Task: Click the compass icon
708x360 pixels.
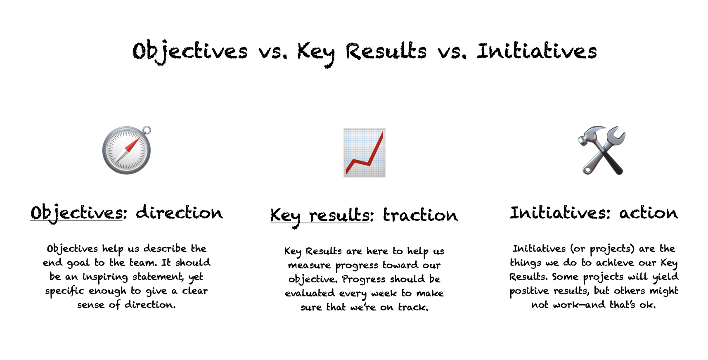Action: click(x=127, y=150)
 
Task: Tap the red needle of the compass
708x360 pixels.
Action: click(x=132, y=145)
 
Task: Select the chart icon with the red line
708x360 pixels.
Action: click(x=365, y=153)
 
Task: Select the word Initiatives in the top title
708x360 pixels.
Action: click(x=537, y=52)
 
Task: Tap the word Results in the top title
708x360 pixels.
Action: click(x=386, y=52)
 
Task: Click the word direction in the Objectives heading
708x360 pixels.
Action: click(x=180, y=213)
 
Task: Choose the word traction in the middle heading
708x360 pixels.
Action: click(x=420, y=215)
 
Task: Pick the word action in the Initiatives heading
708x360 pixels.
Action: click(x=648, y=213)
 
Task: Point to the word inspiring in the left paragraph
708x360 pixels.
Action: click(x=105, y=277)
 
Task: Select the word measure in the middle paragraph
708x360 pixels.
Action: click(x=309, y=265)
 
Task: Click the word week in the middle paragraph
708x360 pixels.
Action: click(x=384, y=294)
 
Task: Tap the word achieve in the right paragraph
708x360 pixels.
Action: click(x=615, y=263)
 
